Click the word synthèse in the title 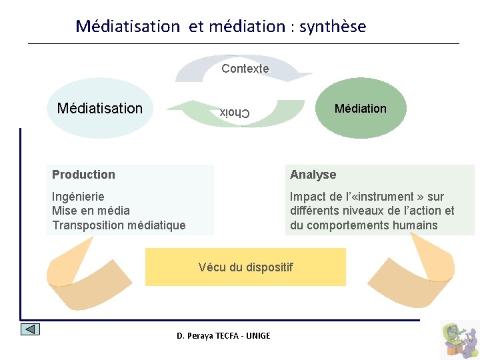point(332,27)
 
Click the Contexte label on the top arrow point(245,69)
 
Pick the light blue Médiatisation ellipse point(100,108)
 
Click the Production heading point(83,175)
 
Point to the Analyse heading point(313,175)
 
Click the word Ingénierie point(78,197)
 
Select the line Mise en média point(91,211)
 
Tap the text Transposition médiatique point(119,225)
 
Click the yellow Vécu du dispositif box point(245,267)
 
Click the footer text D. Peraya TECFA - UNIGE point(223,335)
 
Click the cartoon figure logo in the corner point(459,339)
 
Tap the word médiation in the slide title point(247,27)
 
